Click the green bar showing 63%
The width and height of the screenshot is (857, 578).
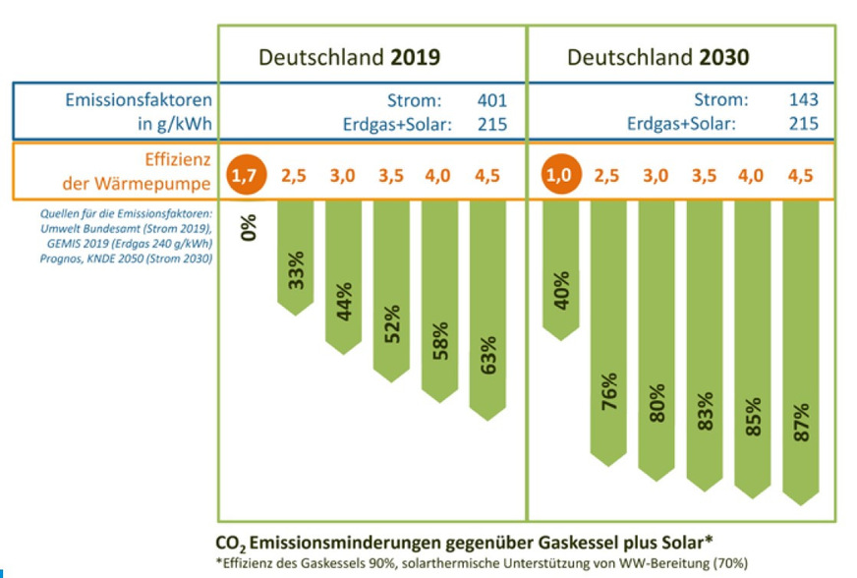[487, 310]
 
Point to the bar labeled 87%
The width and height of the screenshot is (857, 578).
[801, 354]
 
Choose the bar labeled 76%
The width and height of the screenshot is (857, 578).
[607, 334]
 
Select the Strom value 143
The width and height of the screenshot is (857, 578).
[802, 99]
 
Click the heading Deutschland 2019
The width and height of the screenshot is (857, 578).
[349, 57]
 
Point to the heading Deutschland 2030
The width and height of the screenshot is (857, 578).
[657, 57]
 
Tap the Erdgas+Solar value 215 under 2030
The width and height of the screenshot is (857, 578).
[802, 124]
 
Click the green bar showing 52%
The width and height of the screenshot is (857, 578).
[391, 290]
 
